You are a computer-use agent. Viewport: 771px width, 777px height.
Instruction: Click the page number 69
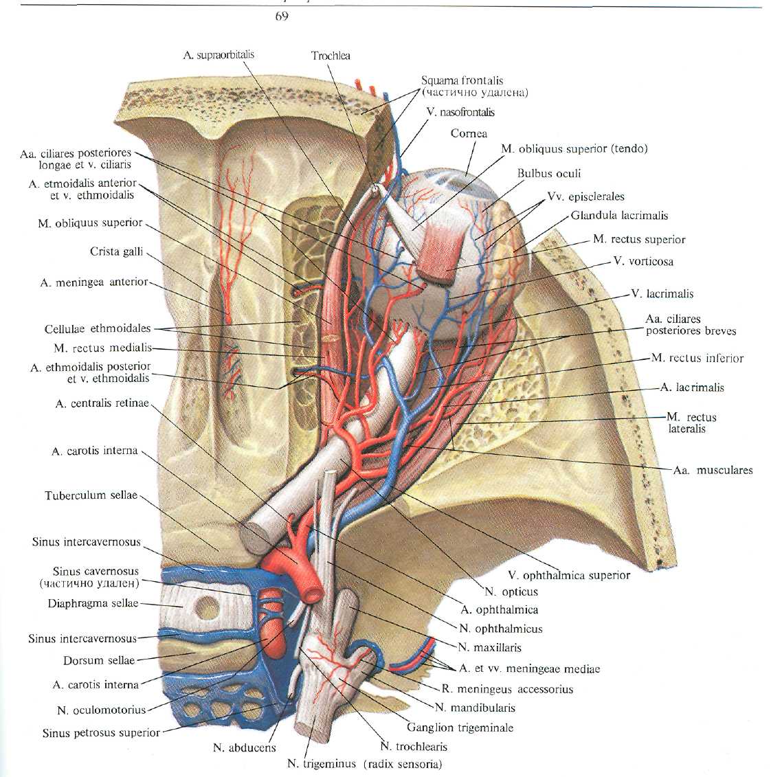pos(282,16)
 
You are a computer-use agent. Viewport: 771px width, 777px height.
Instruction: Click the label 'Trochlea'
pos(331,56)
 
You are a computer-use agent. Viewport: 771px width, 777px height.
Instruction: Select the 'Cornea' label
pos(469,133)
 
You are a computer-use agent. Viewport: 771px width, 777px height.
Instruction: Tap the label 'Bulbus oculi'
pos(549,173)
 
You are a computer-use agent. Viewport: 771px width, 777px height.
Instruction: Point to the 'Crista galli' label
pos(116,251)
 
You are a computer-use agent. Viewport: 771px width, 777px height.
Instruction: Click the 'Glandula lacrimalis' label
pos(619,215)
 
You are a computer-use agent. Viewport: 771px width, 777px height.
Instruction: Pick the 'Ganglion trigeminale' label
pos(460,728)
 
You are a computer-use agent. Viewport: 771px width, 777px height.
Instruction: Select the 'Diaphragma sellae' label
pos(93,603)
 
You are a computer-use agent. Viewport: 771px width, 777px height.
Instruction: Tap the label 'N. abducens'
pos(244,747)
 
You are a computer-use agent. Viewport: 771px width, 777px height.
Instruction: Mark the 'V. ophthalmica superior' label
pos(569,575)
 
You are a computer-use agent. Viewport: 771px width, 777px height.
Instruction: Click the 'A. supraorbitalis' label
pos(219,54)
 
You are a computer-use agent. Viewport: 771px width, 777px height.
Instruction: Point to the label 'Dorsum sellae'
pos(99,660)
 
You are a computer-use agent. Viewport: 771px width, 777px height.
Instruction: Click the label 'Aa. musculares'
pos(713,470)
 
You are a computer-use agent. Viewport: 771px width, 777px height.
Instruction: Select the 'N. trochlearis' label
pos(413,746)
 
